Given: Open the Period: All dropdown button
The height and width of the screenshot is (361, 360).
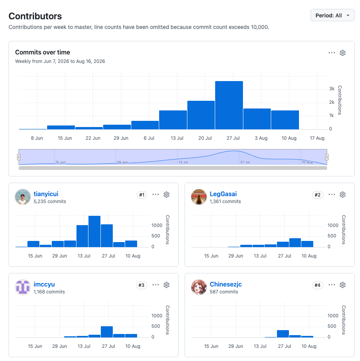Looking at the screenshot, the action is pyautogui.click(x=332, y=15).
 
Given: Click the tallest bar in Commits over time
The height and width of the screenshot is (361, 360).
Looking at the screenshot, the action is pyautogui.click(x=229, y=105).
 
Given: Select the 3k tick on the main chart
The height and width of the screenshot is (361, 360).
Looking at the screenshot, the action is pyautogui.click(x=332, y=89).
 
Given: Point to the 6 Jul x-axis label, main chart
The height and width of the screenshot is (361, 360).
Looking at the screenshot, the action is pyautogui.click(x=149, y=138).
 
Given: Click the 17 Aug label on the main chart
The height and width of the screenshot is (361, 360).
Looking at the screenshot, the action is pyautogui.click(x=317, y=138).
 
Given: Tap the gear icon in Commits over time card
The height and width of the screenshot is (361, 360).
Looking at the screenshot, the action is pyautogui.click(x=343, y=53).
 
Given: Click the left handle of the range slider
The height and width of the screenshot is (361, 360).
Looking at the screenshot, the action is pyautogui.click(x=19, y=157).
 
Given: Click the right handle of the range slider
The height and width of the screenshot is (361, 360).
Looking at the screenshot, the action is pyautogui.click(x=327, y=157).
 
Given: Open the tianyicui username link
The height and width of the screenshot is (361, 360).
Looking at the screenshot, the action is pyautogui.click(x=46, y=194).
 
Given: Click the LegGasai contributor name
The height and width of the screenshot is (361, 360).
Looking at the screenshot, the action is pyautogui.click(x=223, y=194).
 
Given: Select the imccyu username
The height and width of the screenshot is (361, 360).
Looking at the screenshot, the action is pyautogui.click(x=44, y=284).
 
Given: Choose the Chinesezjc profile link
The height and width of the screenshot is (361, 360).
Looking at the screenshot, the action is pyautogui.click(x=226, y=284).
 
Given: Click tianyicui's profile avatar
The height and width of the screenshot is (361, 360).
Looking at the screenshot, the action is pyautogui.click(x=23, y=197).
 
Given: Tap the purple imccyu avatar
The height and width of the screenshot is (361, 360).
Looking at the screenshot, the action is pyautogui.click(x=23, y=287).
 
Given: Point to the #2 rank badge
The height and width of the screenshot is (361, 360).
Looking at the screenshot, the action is pyautogui.click(x=318, y=195).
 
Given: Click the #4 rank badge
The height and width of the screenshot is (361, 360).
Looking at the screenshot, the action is pyautogui.click(x=318, y=285).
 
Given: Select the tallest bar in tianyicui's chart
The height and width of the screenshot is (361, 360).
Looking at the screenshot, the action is pyautogui.click(x=94, y=231).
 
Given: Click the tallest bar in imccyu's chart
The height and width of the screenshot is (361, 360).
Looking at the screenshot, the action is pyautogui.click(x=107, y=332).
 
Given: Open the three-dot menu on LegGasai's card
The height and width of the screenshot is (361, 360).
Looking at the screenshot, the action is pyautogui.click(x=332, y=195).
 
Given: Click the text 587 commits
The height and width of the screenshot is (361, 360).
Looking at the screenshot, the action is pyautogui.click(x=224, y=292).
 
